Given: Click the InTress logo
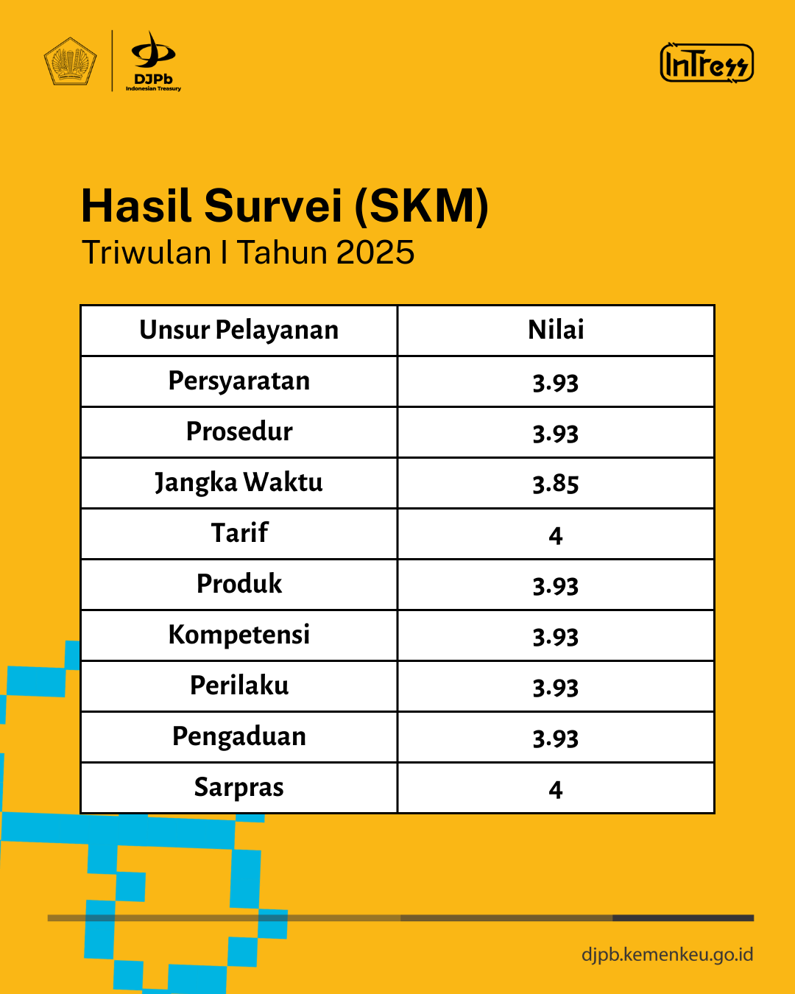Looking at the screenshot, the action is [x=707, y=63].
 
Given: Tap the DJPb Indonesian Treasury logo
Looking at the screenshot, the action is [x=153, y=61].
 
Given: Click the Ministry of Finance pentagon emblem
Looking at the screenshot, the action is [x=70, y=61].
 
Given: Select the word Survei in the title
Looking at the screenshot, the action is [x=273, y=205].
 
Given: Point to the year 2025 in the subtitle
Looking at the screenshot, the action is [x=375, y=253].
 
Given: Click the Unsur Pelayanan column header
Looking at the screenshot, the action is [x=239, y=330].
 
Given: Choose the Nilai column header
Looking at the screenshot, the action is [x=556, y=330].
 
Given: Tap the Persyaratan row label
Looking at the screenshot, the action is [x=239, y=381].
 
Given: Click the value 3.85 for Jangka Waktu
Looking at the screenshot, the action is [x=556, y=484].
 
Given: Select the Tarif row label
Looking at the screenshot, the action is [x=239, y=532].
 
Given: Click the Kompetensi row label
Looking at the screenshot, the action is [x=239, y=635].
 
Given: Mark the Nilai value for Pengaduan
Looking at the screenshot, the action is [x=556, y=739].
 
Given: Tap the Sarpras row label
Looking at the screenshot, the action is [x=239, y=788].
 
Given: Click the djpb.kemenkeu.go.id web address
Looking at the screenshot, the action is [x=668, y=954].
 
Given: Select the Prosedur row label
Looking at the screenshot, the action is [x=239, y=431].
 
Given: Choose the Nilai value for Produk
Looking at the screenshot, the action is [x=556, y=586].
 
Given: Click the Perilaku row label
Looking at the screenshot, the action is [x=239, y=685].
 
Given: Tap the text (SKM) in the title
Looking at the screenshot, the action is [x=422, y=206].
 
